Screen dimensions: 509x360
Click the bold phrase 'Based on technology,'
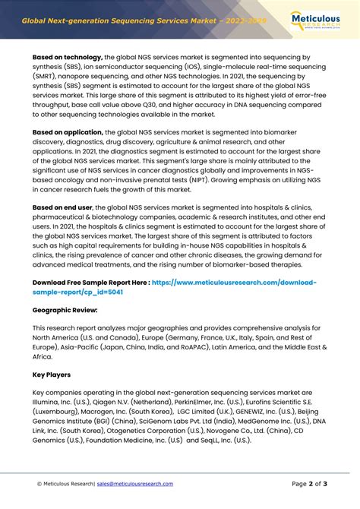click(68, 57)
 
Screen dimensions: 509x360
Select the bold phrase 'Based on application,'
click(68, 132)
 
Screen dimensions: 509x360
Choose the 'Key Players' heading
click(52, 375)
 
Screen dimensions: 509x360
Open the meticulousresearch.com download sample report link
click(228, 282)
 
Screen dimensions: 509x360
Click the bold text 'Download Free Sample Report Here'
click(90, 282)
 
